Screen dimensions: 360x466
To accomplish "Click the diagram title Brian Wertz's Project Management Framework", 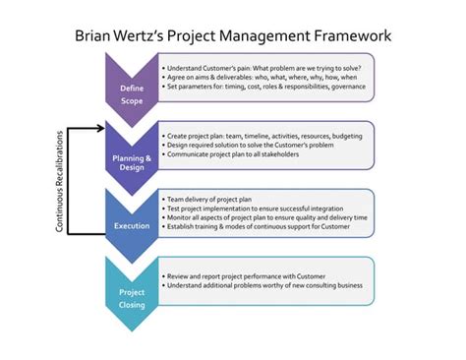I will [233, 35].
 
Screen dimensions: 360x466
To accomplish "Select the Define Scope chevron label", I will [132, 93].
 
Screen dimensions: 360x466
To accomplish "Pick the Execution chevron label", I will [132, 225].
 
